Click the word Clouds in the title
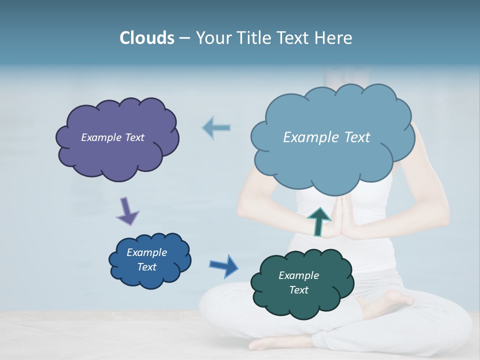(x=146, y=38)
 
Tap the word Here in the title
(x=333, y=38)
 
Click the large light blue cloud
(x=332, y=165)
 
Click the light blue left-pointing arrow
(x=216, y=128)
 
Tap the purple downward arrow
(x=127, y=211)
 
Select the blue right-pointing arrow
(x=224, y=265)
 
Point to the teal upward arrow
(x=318, y=221)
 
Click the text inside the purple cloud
(x=112, y=137)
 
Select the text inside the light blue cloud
(x=326, y=137)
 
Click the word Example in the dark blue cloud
(x=146, y=252)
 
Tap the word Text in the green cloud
(x=298, y=290)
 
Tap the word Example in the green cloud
(x=298, y=275)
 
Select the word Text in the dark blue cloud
(x=146, y=267)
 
